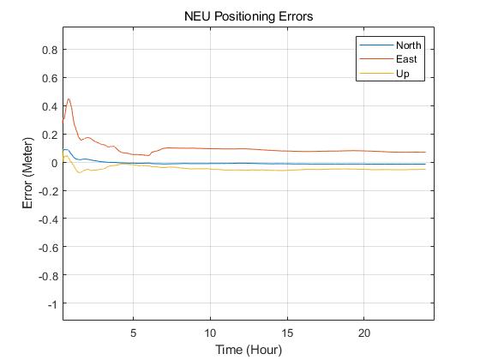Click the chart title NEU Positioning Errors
[x=248, y=16]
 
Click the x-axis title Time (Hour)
[x=248, y=349]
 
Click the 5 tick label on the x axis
[x=133, y=333]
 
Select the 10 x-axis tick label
[x=210, y=333]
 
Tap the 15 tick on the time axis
[x=287, y=333]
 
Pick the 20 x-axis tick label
[x=364, y=333]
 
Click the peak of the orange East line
[x=69, y=99]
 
